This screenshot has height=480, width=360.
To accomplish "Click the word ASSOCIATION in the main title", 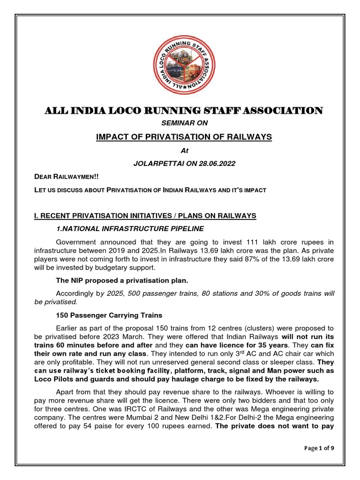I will pyautogui.click(x=280, y=111).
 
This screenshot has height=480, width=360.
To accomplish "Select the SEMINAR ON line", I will pyautogui.click(x=180, y=123).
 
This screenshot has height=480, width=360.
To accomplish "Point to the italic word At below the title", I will pyautogui.click(x=180, y=151).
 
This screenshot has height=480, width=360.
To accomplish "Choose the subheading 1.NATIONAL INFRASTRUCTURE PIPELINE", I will pyautogui.click(x=130, y=228).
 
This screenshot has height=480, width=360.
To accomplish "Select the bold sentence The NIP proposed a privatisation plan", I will pyautogui.click(x=122, y=280).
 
